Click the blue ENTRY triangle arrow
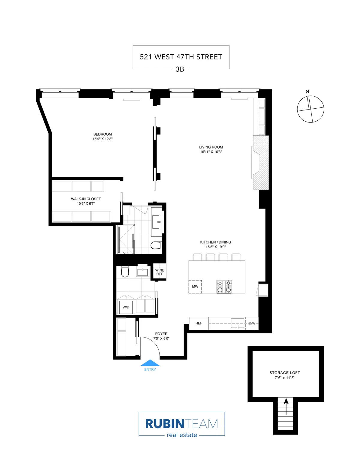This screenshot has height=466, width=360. (x=150, y=363)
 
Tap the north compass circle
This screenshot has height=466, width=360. (x=310, y=109)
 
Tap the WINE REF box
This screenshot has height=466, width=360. (x=160, y=272)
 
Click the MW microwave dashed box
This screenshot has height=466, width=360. (x=195, y=287)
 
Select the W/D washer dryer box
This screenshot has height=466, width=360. (x=126, y=307)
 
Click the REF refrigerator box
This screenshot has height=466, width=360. (x=199, y=323)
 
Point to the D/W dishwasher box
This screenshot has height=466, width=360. (x=252, y=323)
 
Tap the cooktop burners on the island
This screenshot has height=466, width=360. (x=224, y=287)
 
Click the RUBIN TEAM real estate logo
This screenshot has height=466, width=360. (x=181, y=424)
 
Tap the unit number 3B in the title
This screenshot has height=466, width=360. (x=180, y=69)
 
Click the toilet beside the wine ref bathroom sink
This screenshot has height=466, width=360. (x=125, y=272)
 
